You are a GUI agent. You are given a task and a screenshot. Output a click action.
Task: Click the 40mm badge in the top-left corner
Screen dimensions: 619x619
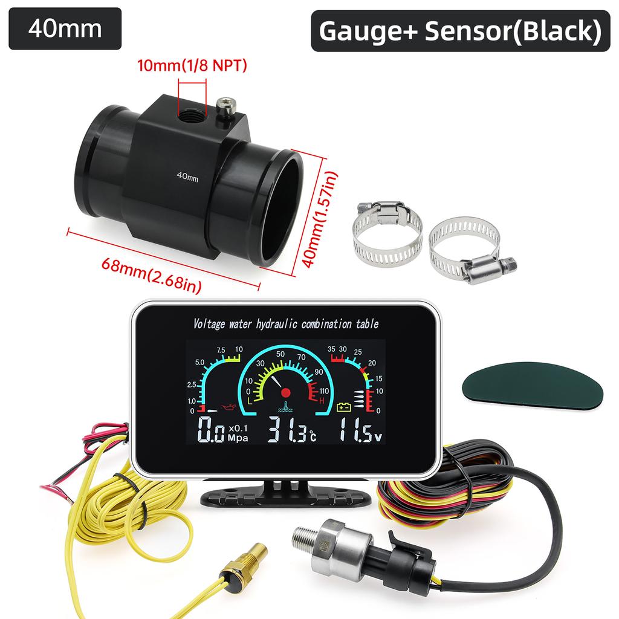[x=65, y=29]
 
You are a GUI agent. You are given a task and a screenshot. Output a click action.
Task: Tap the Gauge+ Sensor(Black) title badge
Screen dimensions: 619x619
[x=460, y=31]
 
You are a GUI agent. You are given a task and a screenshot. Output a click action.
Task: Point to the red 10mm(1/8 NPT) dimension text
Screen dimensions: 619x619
[x=192, y=65]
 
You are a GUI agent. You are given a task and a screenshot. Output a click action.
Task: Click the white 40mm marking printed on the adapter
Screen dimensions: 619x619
[x=187, y=177]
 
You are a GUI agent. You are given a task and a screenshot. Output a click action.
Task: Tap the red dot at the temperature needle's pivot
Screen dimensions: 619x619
[x=286, y=392]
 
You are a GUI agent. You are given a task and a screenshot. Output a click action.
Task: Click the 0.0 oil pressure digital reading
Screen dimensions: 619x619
[x=211, y=429]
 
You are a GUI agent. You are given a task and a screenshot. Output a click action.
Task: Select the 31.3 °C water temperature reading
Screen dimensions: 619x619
[x=291, y=429]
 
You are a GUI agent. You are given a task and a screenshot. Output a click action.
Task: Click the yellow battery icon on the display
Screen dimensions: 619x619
[x=343, y=407]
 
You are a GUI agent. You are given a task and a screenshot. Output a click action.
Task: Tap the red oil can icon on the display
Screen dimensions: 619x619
[x=229, y=407]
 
